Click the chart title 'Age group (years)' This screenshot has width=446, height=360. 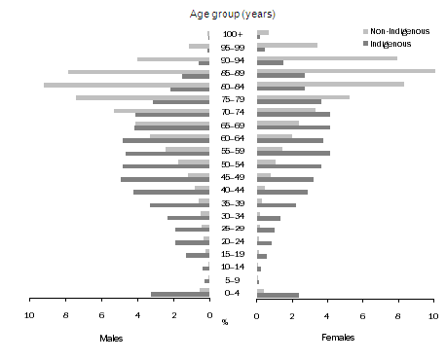coord(233,14)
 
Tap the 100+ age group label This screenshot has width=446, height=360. coord(233,34)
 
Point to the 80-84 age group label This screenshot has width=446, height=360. coord(233,88)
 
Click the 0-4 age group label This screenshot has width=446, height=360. coord(233,293)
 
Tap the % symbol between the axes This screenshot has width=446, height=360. coord(225,321)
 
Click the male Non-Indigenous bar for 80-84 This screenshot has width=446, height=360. coord(127,85)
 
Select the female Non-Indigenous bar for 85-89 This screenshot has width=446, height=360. coord(346,71)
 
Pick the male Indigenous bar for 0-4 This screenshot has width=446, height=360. coord(180,294)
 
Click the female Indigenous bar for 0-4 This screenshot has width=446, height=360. coord(278,294)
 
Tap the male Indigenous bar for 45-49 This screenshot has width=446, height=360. coord(165,179)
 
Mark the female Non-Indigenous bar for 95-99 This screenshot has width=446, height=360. coord(286,45)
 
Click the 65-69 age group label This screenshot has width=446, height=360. coord(233,126)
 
